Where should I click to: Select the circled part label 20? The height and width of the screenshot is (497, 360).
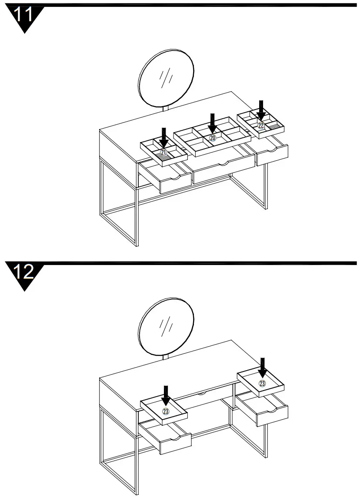(213, 138)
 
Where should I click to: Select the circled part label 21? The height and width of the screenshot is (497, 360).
(163, 152)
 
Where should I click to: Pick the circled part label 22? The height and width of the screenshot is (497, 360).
(261, 125)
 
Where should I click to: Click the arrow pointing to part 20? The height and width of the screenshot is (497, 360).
(212, 123)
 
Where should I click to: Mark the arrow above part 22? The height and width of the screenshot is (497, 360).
(261, 109)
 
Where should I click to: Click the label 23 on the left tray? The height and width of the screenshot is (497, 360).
(166, 410)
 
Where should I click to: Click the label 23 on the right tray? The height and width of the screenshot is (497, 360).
(262, 383)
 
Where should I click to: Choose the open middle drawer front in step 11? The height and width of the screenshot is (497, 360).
(224, 170)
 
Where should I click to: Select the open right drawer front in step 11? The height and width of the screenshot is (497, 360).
(272, 155)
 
